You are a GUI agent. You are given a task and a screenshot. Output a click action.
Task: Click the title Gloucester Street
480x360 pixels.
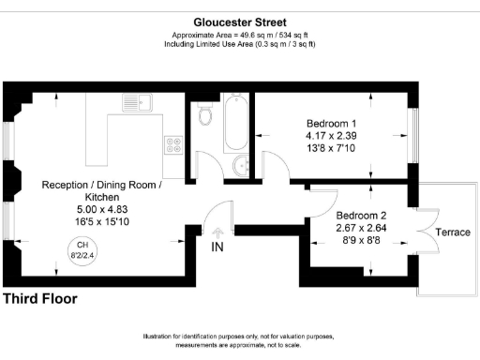(x=239, y=22)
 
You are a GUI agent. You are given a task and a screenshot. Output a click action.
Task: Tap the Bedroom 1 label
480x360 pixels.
(x=331, y=123)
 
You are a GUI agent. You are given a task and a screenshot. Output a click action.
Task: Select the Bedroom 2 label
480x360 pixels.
(x=362, y=214)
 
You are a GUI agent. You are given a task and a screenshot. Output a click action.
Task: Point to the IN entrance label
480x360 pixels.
(x=217, y=247)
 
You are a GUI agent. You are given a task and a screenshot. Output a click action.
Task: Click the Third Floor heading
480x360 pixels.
(x=40, y=299)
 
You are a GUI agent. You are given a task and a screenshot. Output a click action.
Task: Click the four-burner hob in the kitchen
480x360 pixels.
(x=174, y=144)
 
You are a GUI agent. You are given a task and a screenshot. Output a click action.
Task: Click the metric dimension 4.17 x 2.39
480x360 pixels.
(x=331, y=136)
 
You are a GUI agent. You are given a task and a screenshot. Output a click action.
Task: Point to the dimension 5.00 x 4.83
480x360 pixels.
(x=102, y=211)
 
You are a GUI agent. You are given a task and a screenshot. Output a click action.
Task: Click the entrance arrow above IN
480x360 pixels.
(x=217, y=230)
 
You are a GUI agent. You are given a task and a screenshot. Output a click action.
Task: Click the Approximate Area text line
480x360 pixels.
(x=239, y=36)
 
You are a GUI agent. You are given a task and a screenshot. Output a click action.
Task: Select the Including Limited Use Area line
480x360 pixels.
(x=239, y=44)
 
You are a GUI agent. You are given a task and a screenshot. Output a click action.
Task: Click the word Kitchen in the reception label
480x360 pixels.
(x=102, y=198)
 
